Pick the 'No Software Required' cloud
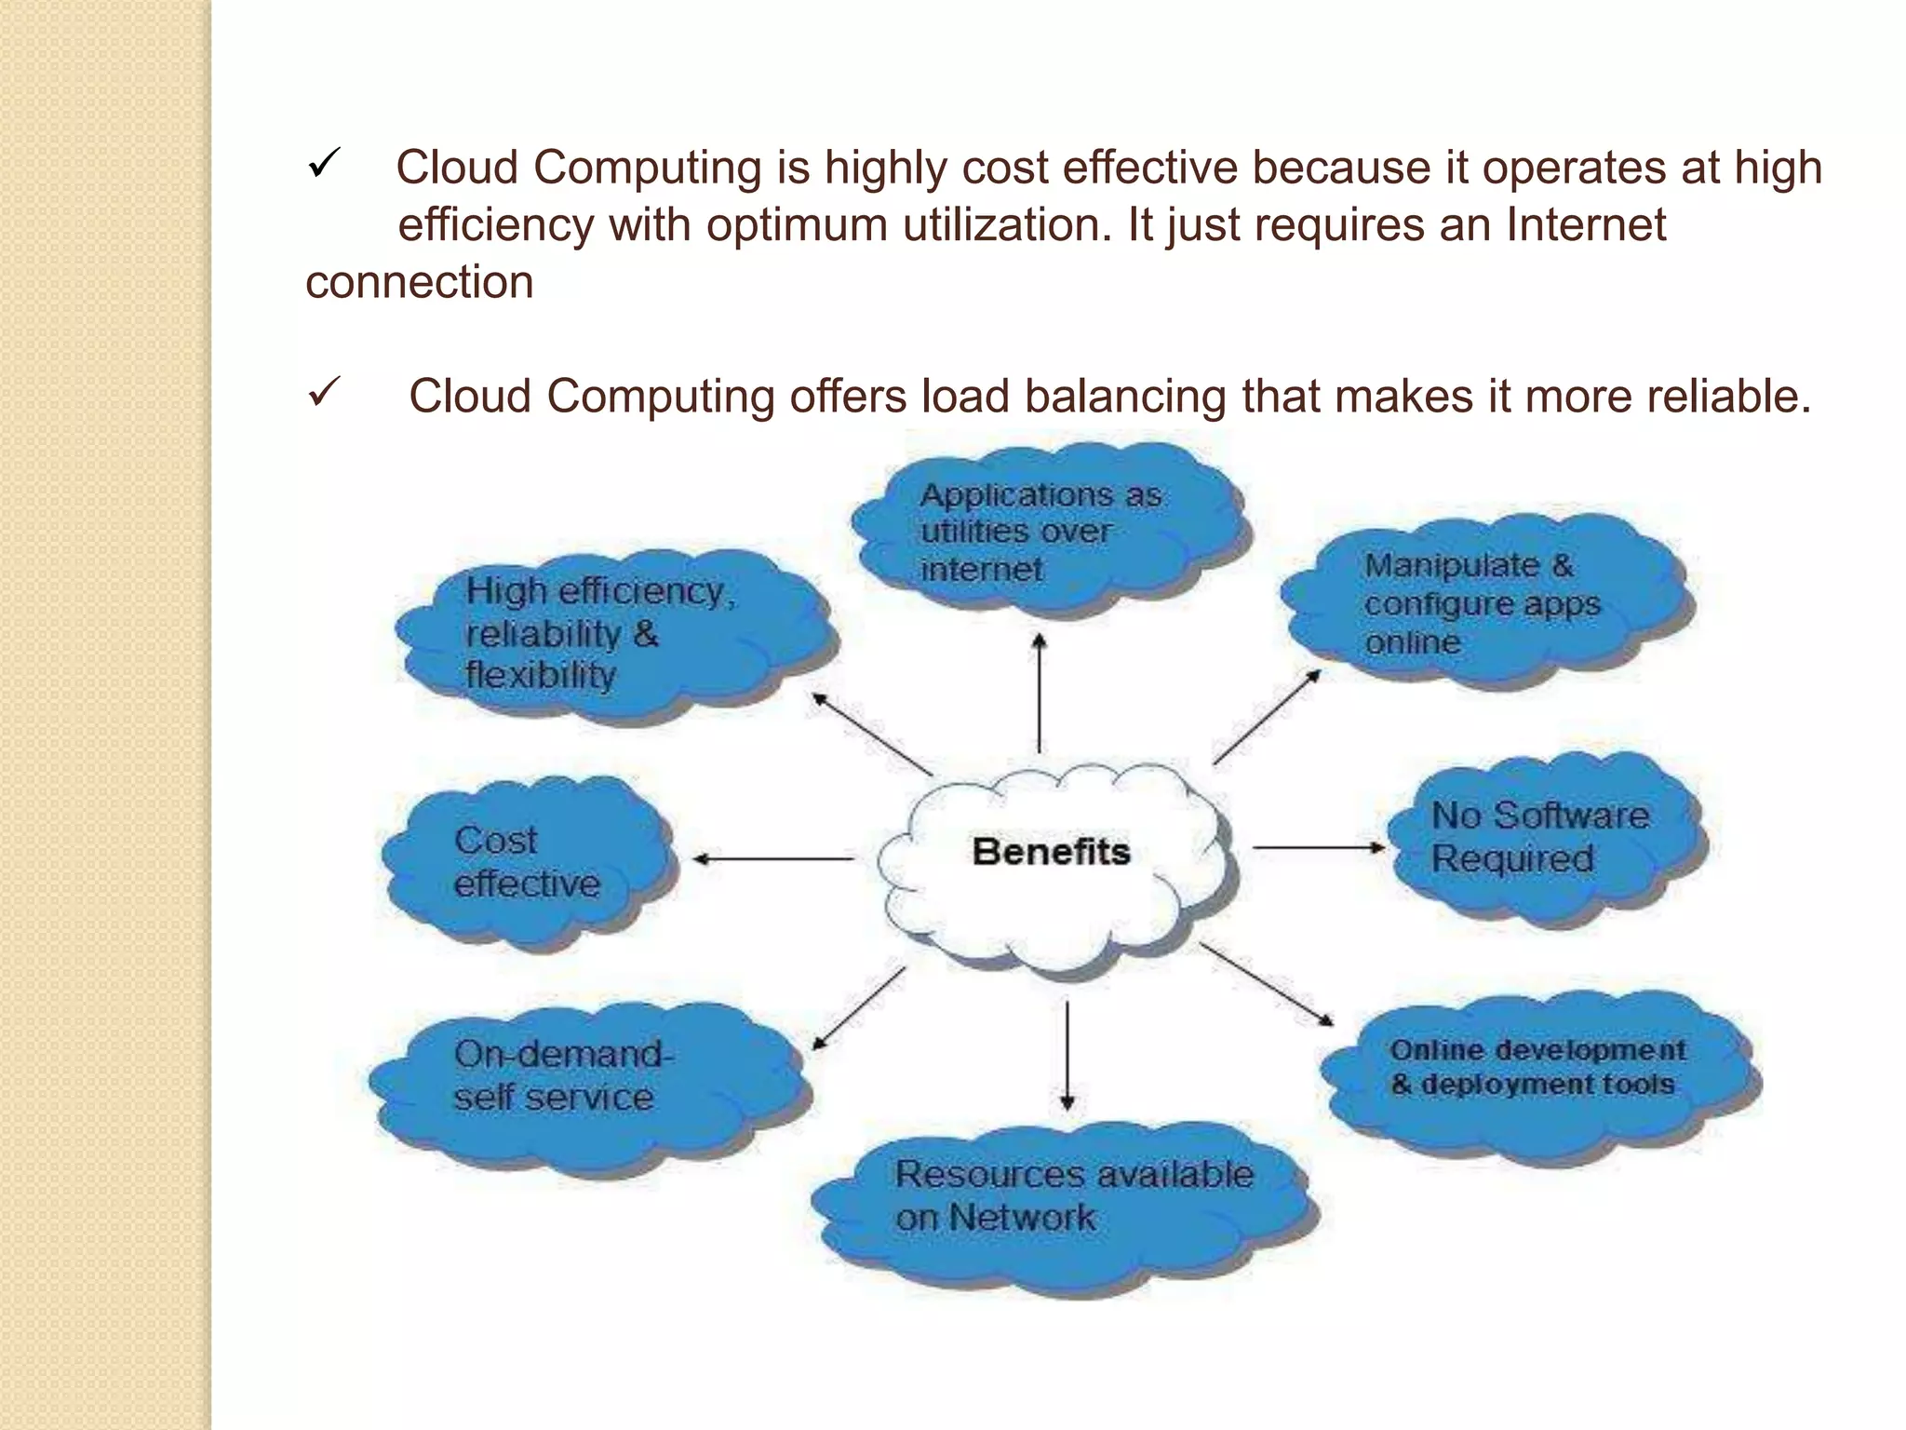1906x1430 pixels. [x=1545, y=838]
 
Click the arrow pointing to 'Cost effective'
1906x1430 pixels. [x=772, y=858]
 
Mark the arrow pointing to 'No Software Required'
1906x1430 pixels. [x=1320, y=847]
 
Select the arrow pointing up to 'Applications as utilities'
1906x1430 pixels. [x=1040, y=694]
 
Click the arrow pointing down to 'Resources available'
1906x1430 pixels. [x=1067, y=1057]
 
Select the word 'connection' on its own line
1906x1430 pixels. [x=420, y=282]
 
